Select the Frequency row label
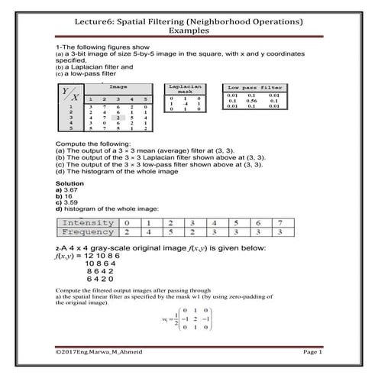point(87,231)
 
